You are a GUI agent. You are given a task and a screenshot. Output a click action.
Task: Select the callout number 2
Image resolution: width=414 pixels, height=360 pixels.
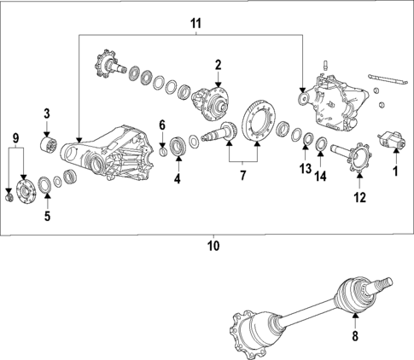click(218, 64)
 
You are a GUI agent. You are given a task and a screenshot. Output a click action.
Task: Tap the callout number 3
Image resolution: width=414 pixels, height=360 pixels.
click(48, 113)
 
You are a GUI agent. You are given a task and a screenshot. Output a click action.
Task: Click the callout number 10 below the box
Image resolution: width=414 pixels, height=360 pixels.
click(213, 246)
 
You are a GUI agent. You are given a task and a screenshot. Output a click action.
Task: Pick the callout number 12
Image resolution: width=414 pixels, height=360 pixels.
click(359, 198)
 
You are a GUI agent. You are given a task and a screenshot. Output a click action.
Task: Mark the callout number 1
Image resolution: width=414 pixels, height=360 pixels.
click(394, 171)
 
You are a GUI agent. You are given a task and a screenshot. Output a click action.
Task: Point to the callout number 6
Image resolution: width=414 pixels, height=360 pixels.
click(162, 126)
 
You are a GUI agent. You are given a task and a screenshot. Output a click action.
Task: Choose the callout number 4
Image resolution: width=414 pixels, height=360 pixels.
click(177, 179)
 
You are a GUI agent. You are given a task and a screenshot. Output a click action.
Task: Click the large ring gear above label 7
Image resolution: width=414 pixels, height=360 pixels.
click(257, 122)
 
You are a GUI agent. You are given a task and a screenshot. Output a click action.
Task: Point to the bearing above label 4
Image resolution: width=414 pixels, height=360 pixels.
click(178, 147)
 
